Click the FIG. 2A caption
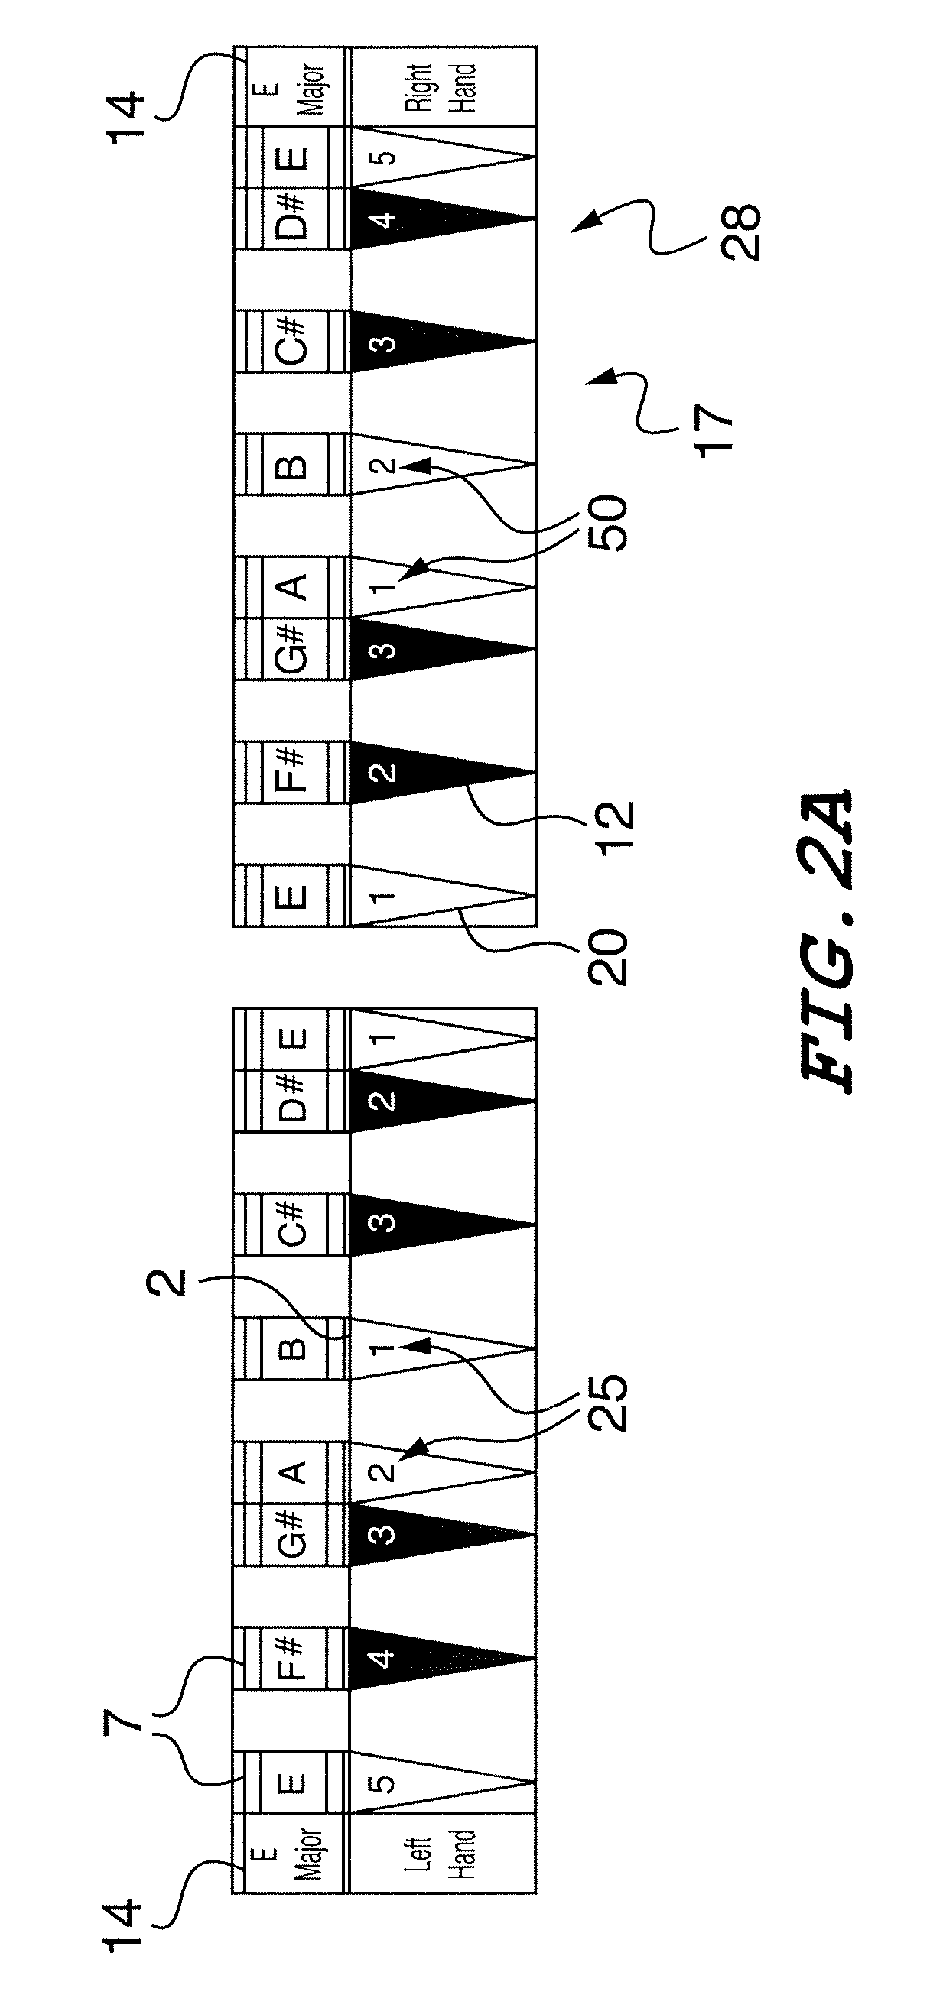pos(825,941)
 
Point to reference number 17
pos(713,430)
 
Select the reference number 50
pos(607,523)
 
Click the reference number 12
pos(616,826)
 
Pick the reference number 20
pos(607,955)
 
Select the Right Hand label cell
pos(441,86)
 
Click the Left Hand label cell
pos(441,1854)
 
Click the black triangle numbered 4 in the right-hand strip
pos(418,219)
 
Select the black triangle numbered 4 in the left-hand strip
pos(418,1658)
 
